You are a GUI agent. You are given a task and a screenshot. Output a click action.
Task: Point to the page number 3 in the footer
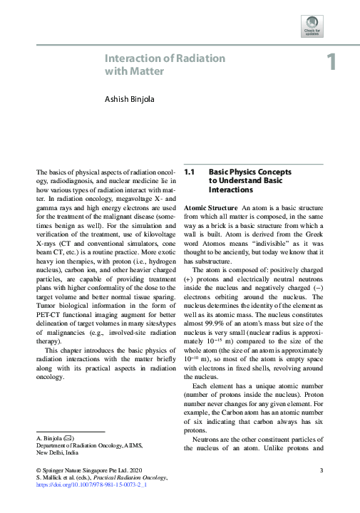coord(322,470)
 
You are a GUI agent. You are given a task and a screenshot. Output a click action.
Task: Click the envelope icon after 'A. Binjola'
coord(69,437)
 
